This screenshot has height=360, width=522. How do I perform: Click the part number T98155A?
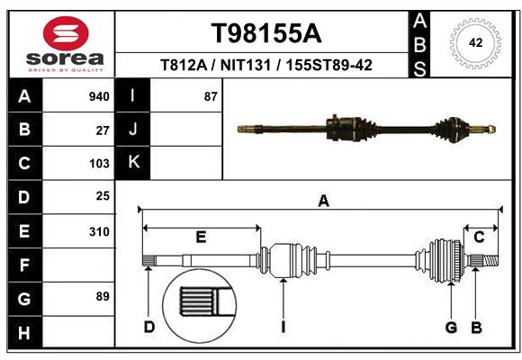[x=265, y=33]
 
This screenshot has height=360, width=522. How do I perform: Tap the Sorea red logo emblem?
[x=67, y=35]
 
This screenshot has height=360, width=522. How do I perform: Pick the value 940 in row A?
[x=99, y=96]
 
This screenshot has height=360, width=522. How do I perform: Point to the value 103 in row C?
[x=99, y=163]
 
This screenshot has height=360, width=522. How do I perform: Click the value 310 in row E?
[x=99, y=231]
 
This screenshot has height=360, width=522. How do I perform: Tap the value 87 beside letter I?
[x=211, y=96]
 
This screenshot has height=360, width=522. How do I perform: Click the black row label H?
[x=23, y=333]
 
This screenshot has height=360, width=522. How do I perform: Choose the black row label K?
[x=133, y=162]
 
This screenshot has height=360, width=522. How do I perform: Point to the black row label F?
[x=23, y=265]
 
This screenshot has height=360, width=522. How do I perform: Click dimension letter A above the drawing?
[x=323, y=202]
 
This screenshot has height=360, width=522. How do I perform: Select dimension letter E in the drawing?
[x=201, y=238]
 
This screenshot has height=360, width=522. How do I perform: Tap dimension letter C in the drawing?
[x=480, y=238]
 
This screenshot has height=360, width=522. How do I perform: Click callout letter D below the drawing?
[x=149, y=327]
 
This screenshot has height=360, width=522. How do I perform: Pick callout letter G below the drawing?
[x=452, y=327]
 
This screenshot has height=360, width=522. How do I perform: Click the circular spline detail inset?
[x=198, y=303]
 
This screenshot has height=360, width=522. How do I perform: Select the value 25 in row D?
[x=102, y=195]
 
